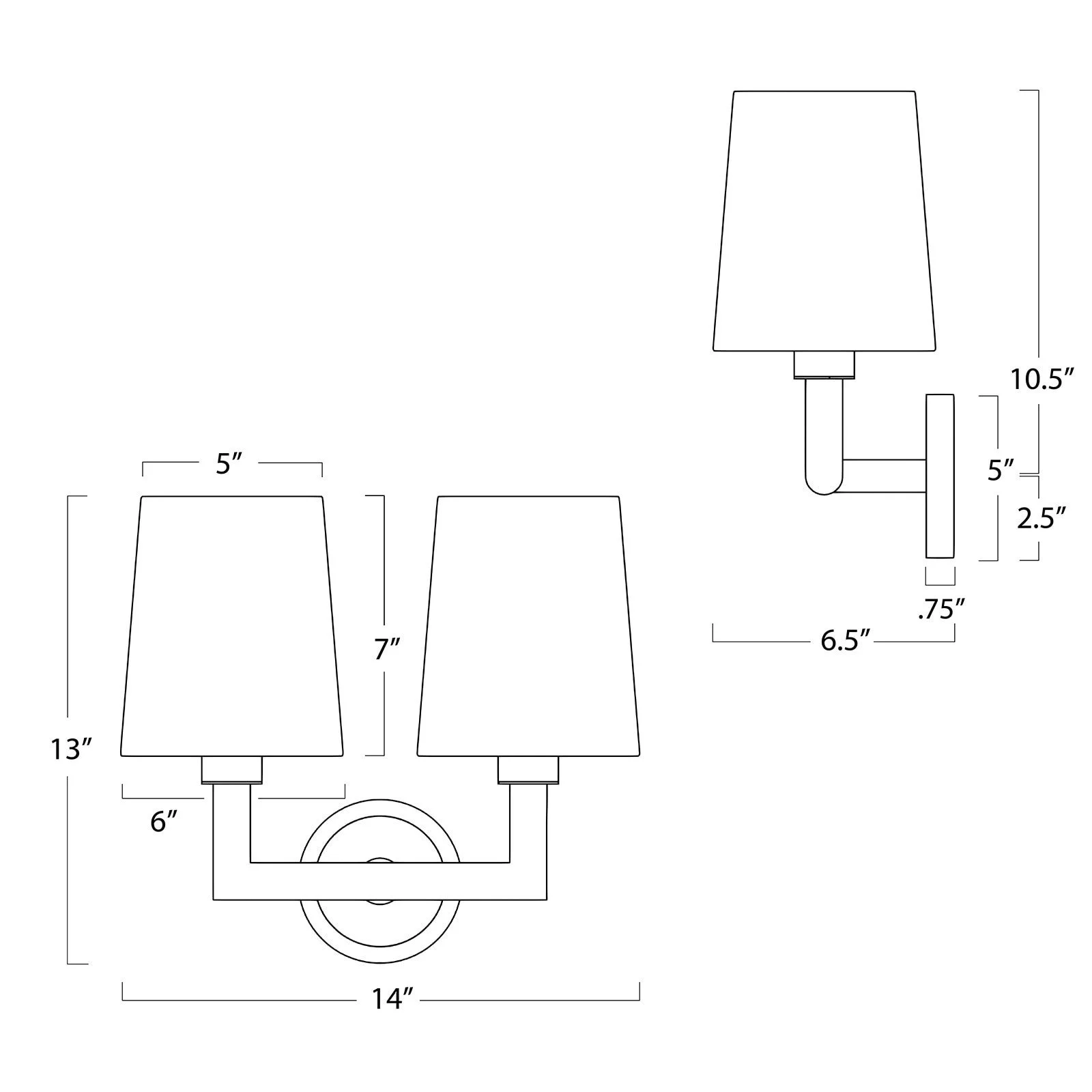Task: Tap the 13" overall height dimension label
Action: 71,749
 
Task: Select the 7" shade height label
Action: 386,650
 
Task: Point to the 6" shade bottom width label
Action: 164,821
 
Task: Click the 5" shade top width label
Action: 229,464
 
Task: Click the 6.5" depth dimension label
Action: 847,642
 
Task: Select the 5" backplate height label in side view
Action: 1000,470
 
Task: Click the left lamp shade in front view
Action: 231,624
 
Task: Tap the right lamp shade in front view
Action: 528,624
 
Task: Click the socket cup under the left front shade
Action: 231,769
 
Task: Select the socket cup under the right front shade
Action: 528,769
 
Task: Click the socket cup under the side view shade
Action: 824,364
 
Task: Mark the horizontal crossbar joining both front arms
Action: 380,881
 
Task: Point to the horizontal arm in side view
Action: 884,476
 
